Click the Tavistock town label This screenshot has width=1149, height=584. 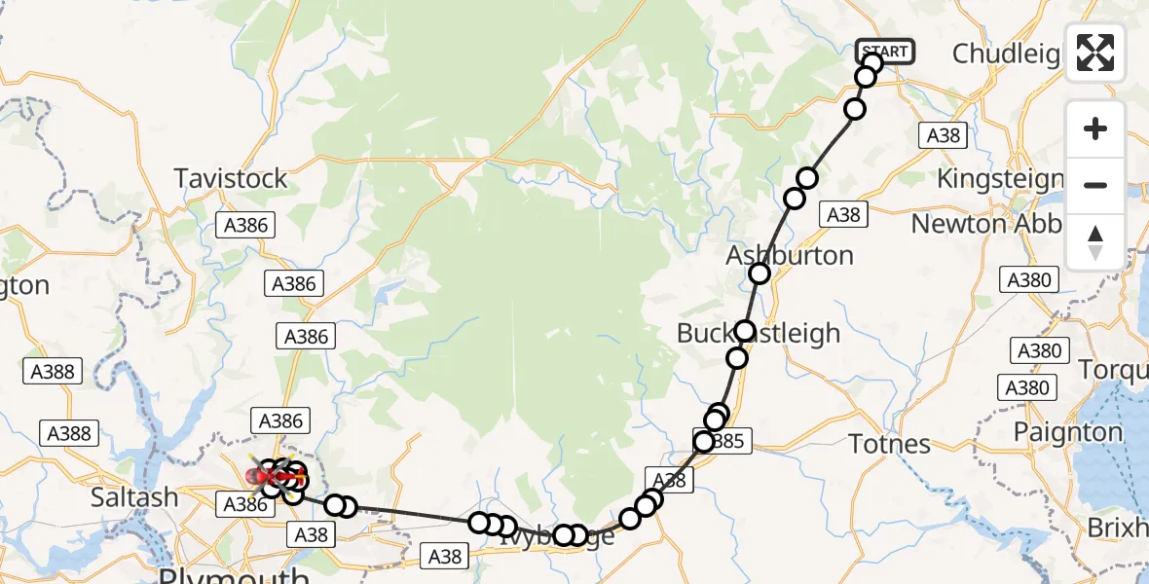click(231, 178)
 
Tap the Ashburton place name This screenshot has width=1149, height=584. click(790, 256)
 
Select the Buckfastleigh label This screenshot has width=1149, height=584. click(759, 333)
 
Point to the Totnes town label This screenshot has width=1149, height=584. click(890, 445)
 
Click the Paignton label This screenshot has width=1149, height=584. click(1068, 432)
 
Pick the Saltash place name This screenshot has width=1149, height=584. click(134, 497)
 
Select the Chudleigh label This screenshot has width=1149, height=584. click(1006, 54)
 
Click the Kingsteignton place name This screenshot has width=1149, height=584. click(1000, 179)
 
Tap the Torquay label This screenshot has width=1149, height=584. click(1113, 370)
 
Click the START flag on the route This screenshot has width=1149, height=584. click(885, 51)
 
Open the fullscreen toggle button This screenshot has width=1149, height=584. click(1095, 53)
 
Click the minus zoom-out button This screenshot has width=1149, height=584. click(1095, 185)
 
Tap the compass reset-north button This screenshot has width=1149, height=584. click(1095, 241)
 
